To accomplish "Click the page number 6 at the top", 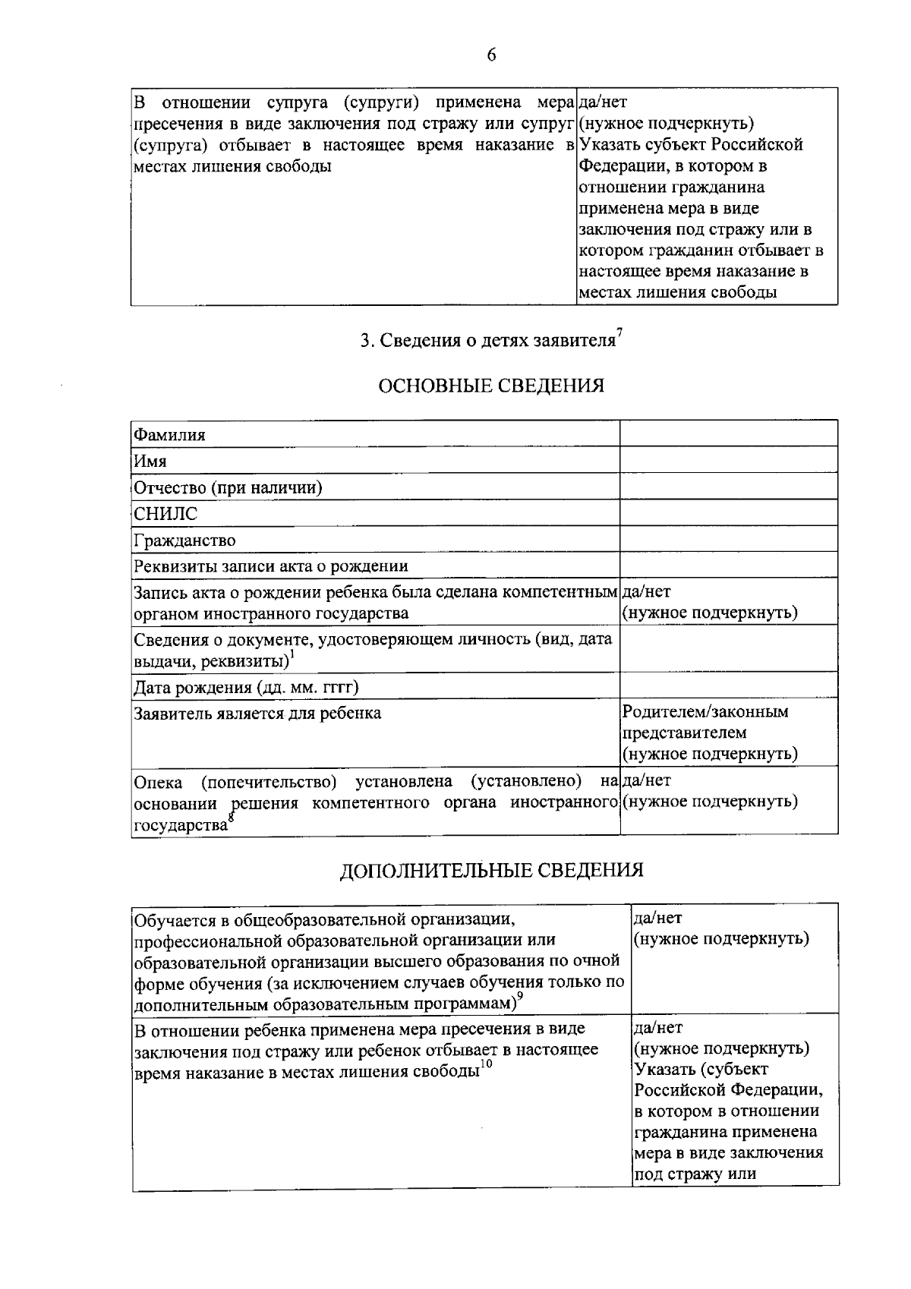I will pyautogui.click(x=491, y=55).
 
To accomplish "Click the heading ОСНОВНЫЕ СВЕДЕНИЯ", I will pyautogui.click(x=491, y=386).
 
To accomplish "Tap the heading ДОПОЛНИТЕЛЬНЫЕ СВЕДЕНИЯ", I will pyautogui.click(x=491, y=870).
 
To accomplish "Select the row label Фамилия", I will pyautogui.click(x=169, y=435).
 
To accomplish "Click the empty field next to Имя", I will pyautogui.click(x=728, y=461).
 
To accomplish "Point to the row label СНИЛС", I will pyautogui.click(x=165, y=514).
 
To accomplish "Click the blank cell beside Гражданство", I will pyautogui.click(x=728, y=540).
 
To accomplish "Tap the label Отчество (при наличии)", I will pyautogui.click(x=228, y=487).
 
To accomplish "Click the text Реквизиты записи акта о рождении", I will pyautogui.click(x=270, y=566).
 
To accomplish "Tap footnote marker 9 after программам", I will pyautogui.click(x=521, y=997).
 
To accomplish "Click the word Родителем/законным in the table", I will pyautogui.click(x=705, y=712).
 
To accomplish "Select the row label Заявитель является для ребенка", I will pyautogui.click(x=257, y=714).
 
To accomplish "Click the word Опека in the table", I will pyautogui.click(x=157, y=782).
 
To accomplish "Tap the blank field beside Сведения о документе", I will pyautogui.click(x=728, y=648).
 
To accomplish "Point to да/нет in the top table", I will pyautogui.click(x=603, y=102).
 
